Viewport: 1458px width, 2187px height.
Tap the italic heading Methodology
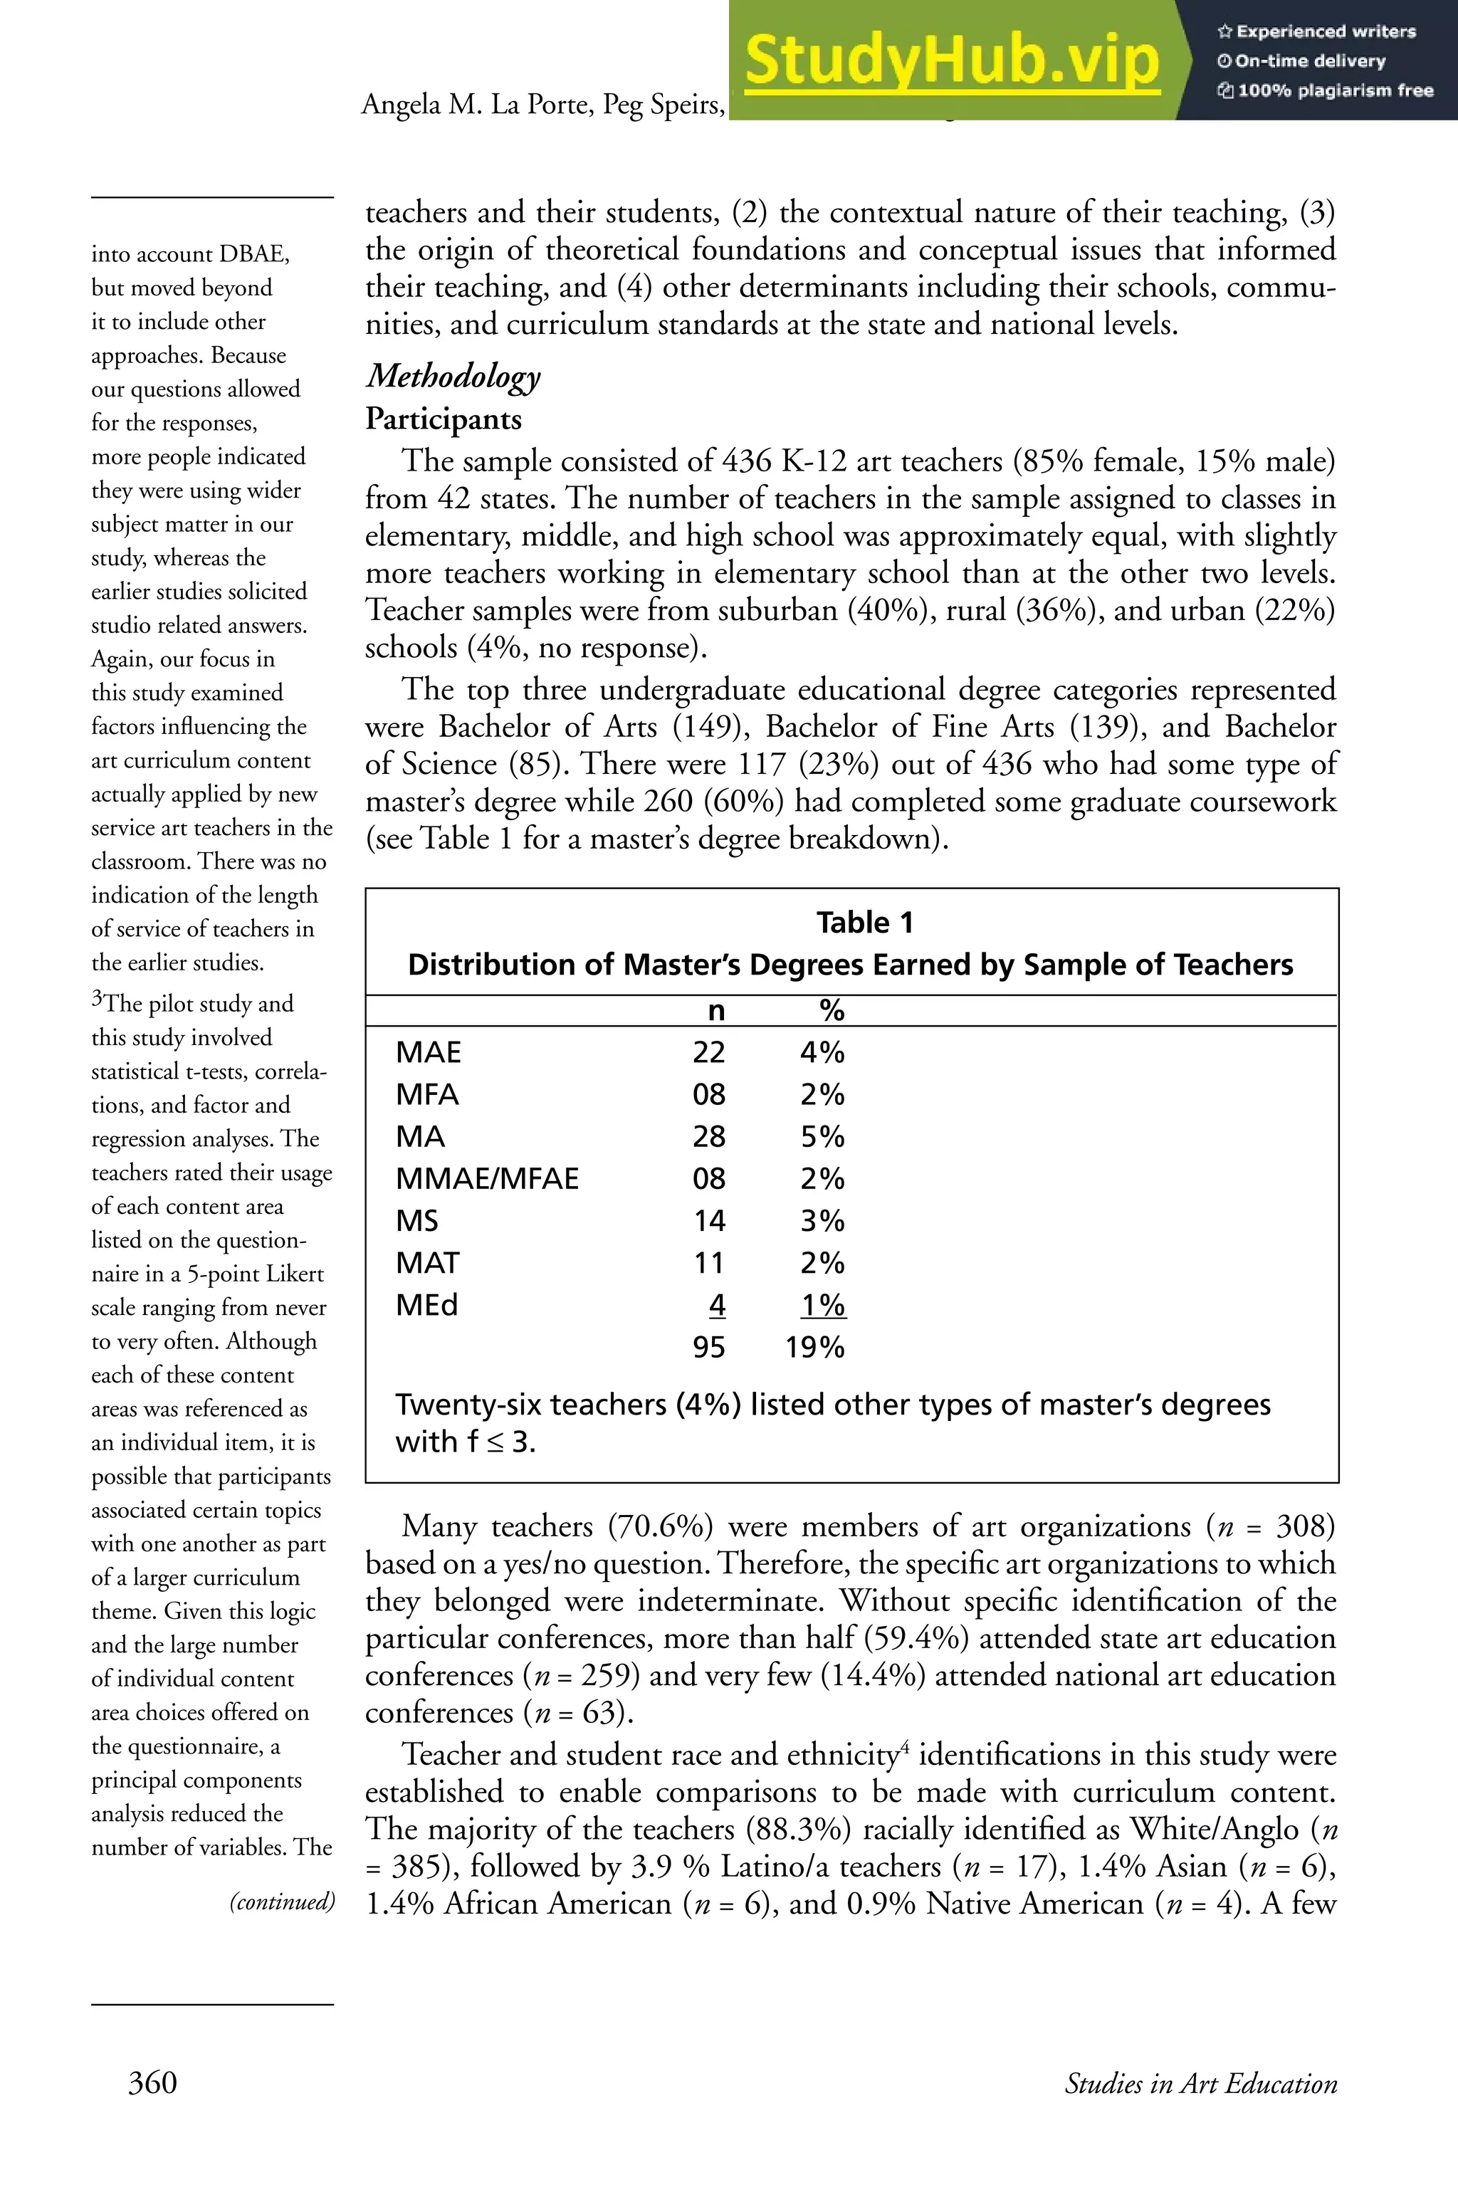453,377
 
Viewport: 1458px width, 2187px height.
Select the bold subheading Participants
443,419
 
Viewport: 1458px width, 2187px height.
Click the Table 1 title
865,923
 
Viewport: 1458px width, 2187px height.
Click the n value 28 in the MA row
708,1136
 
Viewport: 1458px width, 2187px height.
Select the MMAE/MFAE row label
486,1178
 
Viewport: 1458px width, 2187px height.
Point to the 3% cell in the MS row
822,1220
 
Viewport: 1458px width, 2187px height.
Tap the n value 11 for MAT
708,1263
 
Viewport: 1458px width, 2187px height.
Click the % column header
832,1009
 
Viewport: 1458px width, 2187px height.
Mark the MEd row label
427,1304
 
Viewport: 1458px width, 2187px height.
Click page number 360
152,2082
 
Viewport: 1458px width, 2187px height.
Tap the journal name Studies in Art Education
1200,2083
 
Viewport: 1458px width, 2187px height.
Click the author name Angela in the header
402,105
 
